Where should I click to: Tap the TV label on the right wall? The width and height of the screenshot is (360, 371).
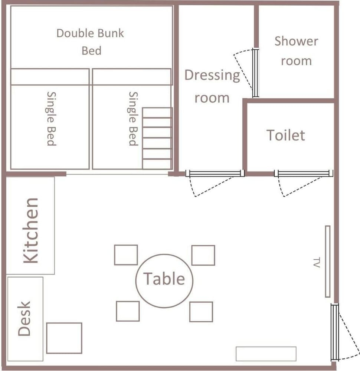317,262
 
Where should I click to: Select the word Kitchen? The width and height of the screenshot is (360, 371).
30,230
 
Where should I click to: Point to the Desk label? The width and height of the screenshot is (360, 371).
24,318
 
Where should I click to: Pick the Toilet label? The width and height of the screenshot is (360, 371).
286,135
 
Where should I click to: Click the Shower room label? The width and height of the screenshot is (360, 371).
296,51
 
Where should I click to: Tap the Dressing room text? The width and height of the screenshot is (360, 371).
212,86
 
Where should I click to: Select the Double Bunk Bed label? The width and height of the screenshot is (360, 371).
91,42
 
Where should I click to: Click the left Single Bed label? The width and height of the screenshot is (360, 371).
51,119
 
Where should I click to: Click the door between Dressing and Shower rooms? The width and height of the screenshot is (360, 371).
255,73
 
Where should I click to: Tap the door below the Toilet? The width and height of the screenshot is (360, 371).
304,173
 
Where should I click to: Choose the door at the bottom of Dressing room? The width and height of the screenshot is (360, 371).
215,173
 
